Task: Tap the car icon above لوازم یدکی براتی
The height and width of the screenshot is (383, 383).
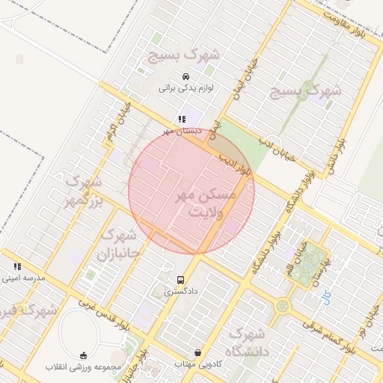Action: (186, 76)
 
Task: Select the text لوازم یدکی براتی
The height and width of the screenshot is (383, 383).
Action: (186, 88)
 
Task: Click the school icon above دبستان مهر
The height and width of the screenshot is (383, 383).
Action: (181, 119)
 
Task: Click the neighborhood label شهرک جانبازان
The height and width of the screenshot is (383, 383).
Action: (117, 244)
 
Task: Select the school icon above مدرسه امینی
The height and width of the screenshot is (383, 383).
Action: (17, 266)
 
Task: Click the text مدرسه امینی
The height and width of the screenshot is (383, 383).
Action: (24, 278)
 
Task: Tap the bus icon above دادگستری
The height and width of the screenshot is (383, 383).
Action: (180, 281)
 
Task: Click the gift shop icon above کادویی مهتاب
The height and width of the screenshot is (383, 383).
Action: (197, 352)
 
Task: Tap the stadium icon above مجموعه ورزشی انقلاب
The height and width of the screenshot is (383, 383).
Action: (83, 355)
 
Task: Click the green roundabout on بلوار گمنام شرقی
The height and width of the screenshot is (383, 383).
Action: (282, 305)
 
